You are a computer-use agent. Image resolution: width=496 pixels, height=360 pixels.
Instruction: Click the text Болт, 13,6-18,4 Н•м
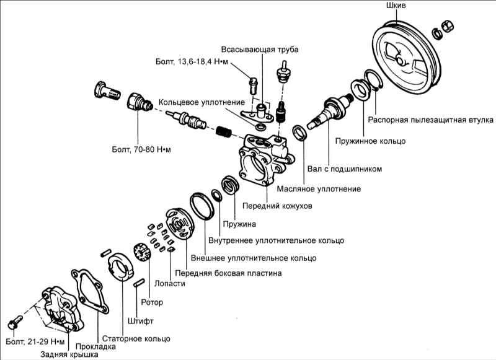coord(193,62)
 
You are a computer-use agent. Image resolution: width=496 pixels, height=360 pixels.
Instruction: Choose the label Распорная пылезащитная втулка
coord(430,119)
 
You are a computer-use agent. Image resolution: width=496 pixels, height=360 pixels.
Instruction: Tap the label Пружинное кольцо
coord(371,141)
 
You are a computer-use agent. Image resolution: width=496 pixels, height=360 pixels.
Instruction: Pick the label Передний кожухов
coord(277,206)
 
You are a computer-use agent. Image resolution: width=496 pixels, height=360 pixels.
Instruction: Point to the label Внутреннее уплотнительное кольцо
coord(276,240)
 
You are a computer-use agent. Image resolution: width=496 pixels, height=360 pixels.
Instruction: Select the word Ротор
coord(151,303)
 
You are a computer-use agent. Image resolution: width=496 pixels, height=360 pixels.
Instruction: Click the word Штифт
coord(140,321)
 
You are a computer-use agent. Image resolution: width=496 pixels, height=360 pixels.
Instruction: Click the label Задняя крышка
coord(69,355)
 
